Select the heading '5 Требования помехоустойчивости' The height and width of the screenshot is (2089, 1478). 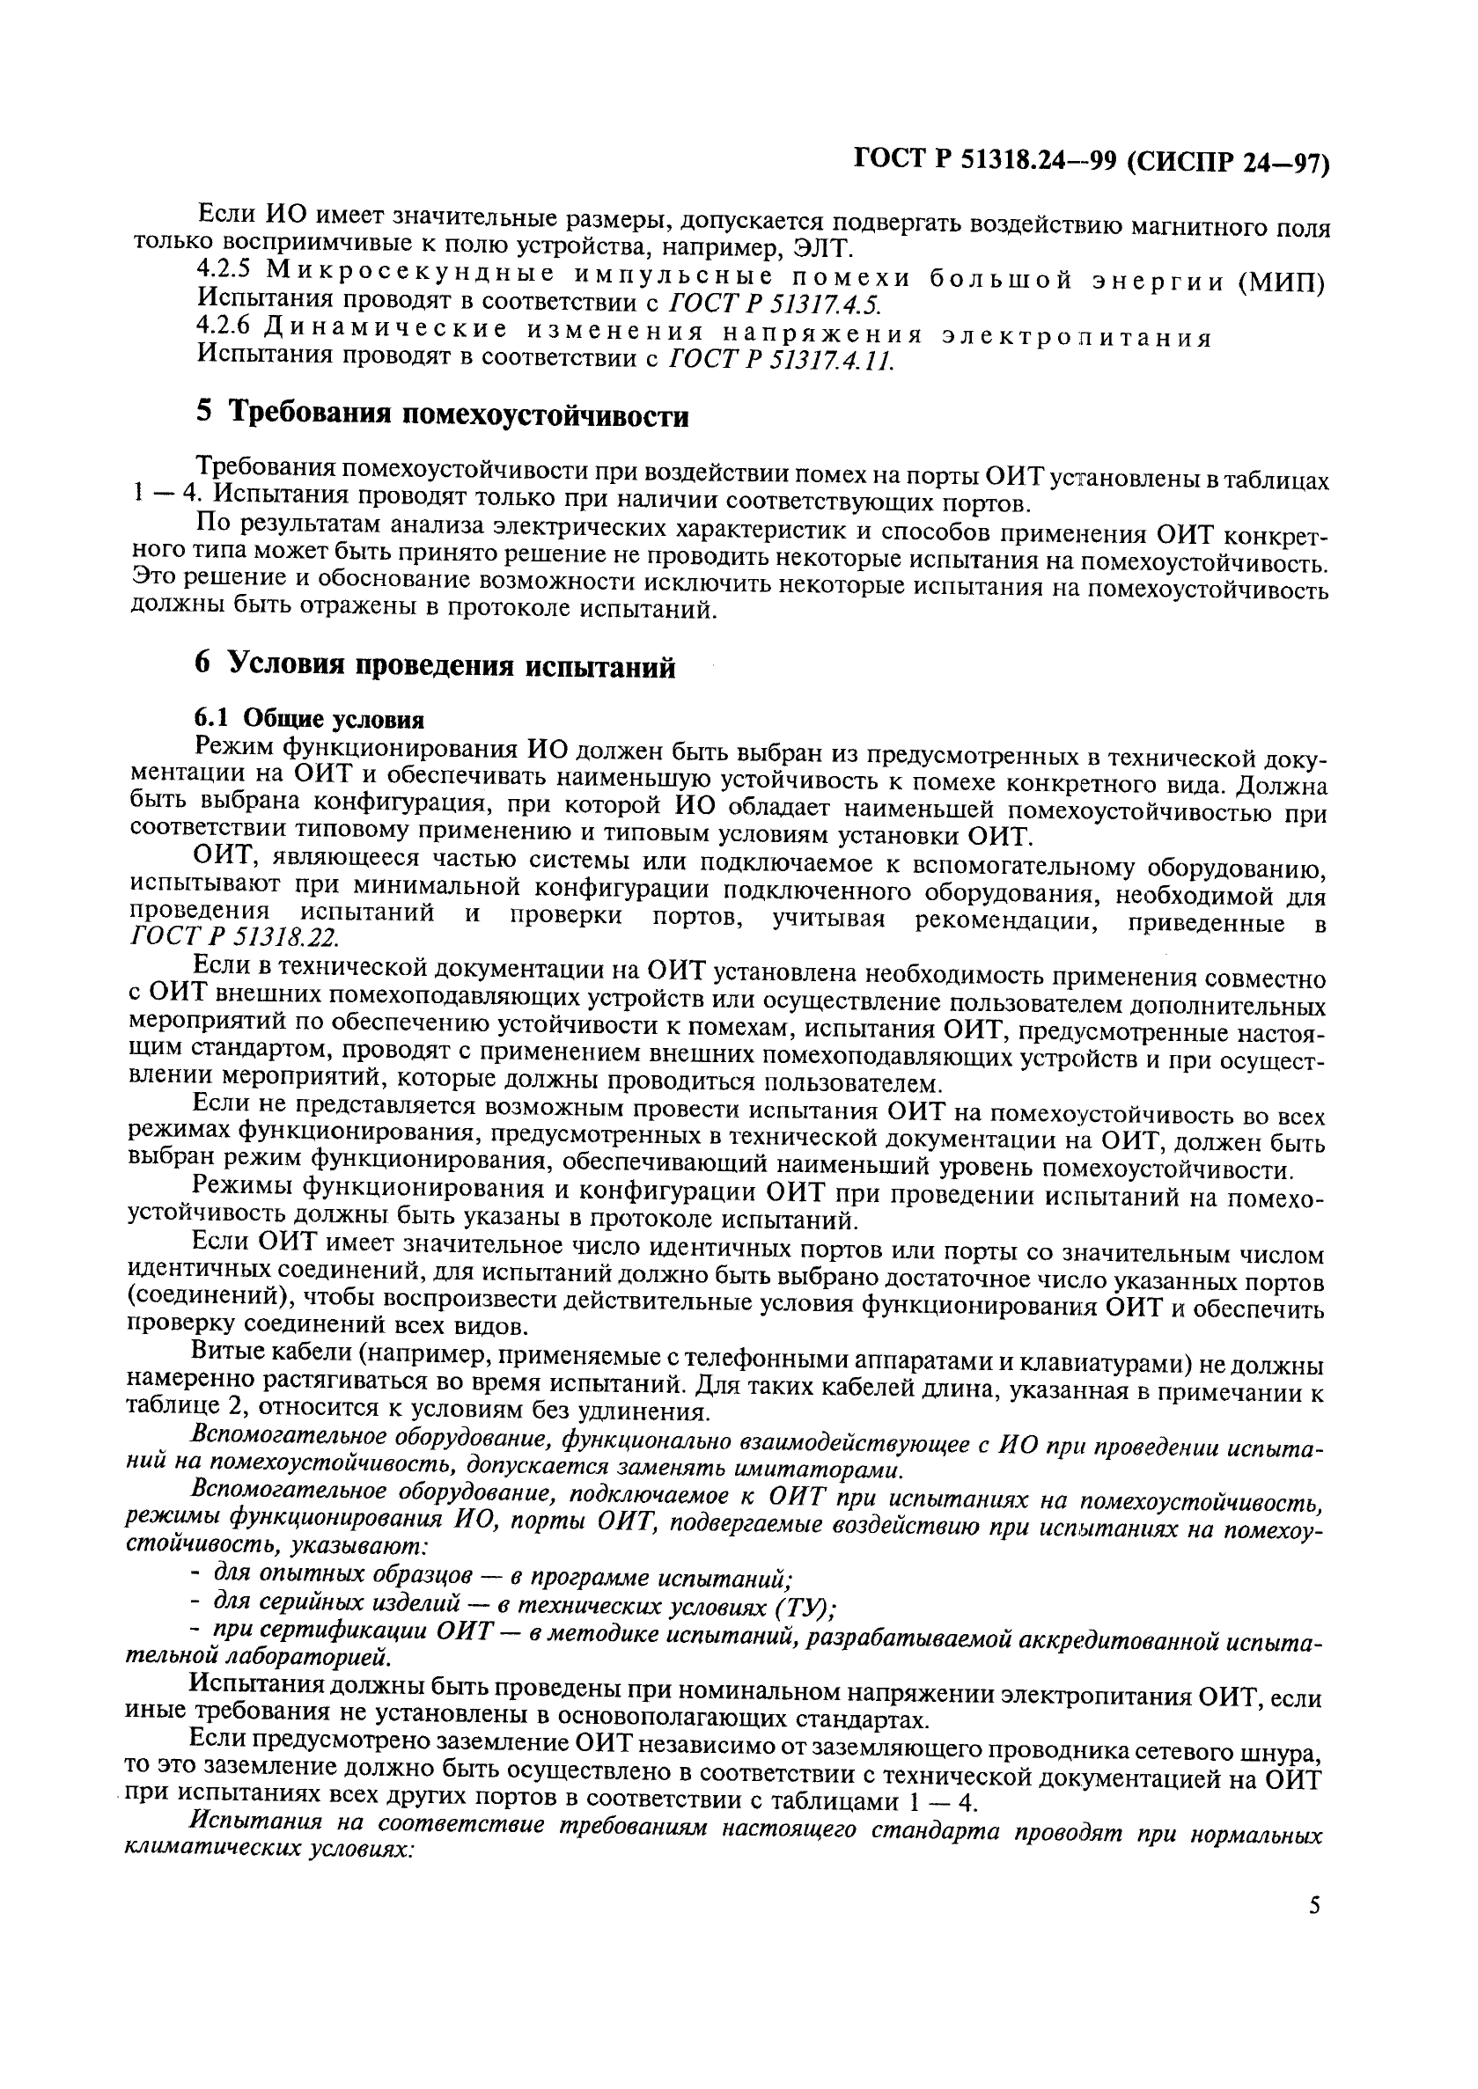pos(442,414)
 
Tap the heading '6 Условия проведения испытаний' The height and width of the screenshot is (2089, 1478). pos(436,667)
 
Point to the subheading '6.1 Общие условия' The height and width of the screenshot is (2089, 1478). pos(310,720)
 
